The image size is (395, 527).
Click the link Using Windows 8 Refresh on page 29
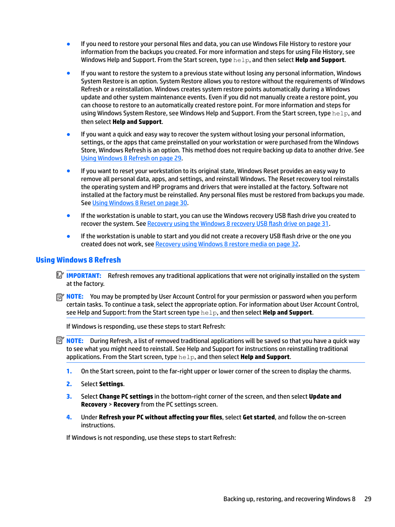(131, 158)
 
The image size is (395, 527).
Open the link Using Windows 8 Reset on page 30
(140, 203)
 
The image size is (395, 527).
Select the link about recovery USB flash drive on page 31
(238, 224)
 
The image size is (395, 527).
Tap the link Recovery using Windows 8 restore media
(227, 244)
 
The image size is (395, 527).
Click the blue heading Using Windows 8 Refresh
(78, 260)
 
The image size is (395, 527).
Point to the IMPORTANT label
(84, 276)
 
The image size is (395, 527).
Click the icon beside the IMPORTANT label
(60, 275)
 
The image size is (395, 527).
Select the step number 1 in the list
(69, 371)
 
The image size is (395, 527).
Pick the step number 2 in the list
(69, 384)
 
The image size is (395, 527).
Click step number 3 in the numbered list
(69, 397)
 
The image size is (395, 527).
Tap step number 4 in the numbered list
(69, 417)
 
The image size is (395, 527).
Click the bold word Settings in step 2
(111, 384)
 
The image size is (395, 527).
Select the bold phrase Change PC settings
(126, 397)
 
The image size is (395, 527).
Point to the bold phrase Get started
(259, 417)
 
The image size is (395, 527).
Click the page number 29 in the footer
(368, 499)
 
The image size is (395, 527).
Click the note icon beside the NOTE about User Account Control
(60, 297)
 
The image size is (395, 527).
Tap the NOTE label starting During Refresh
(75, 341)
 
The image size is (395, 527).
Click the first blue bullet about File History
(69, 44)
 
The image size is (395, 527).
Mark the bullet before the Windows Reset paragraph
(69, 171)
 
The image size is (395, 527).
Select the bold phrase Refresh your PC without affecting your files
(160, 417)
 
